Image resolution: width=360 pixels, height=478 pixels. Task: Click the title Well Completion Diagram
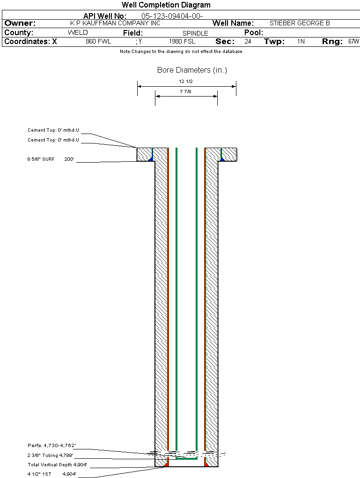(166, 5)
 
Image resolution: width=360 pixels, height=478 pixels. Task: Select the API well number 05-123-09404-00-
(172, 16)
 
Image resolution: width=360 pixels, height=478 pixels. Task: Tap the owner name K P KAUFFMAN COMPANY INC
(115, 23)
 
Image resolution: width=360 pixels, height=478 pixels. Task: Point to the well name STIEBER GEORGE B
(300, 23)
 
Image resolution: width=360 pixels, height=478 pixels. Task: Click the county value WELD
(78, 33)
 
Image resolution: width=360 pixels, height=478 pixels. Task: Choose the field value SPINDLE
(195, 33)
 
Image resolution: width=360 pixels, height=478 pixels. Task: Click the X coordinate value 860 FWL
(98, 41)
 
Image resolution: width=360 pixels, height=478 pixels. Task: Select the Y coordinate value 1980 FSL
(182, 41)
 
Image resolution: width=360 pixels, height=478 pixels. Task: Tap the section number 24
(248, 41)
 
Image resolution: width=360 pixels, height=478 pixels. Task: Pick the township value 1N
(301, 41)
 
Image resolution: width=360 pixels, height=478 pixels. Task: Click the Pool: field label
(254, 33)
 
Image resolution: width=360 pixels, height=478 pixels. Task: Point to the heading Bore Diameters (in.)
(192, 70)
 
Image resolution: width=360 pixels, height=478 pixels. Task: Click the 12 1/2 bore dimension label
(186, 82)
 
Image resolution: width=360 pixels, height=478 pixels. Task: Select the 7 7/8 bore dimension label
(185, 91)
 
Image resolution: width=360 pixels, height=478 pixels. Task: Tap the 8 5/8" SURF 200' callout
(51, 159)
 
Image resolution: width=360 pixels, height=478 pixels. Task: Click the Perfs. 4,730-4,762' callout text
(51, 445)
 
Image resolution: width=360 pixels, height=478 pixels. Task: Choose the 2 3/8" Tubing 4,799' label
(50, 455)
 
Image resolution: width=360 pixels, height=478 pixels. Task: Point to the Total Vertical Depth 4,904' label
(57, 464)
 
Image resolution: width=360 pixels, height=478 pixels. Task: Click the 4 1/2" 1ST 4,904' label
(52, 474)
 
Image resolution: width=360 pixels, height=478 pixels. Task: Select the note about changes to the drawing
(181, 52)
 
